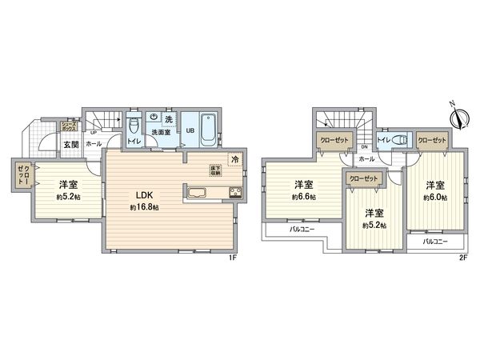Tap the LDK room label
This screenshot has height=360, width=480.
click(x=145, y=194)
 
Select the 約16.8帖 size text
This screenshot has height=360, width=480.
click(x=145, y=207)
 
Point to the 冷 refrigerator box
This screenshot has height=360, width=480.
click(x=235, y=158)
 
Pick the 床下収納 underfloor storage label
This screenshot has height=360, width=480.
click(x=215, y=170)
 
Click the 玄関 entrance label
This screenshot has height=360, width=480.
click(x=70, y=145)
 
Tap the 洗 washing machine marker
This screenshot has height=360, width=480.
click(x=168, y=119)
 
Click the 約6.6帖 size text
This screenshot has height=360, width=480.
click(x=303, y=196)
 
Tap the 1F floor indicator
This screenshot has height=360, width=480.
click(x=233, y=258)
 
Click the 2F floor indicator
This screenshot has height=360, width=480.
click(x=464, y=258)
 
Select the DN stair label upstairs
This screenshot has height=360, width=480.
click(x=364, y=147)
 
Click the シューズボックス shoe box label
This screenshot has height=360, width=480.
click(x=70, y=126)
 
